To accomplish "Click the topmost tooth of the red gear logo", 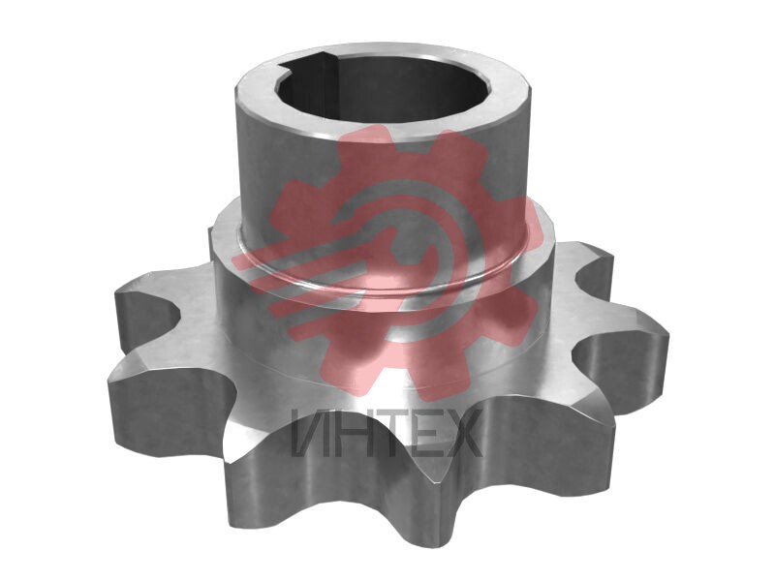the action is [x=366, y=140].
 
